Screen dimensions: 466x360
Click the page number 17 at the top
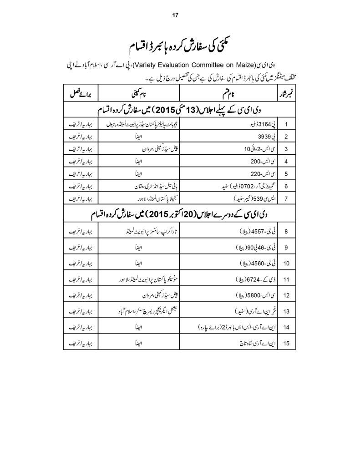176,15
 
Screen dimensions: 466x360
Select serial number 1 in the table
286,123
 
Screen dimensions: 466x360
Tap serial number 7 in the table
286,199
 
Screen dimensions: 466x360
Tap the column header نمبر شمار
286,94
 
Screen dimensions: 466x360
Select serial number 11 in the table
286,279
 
